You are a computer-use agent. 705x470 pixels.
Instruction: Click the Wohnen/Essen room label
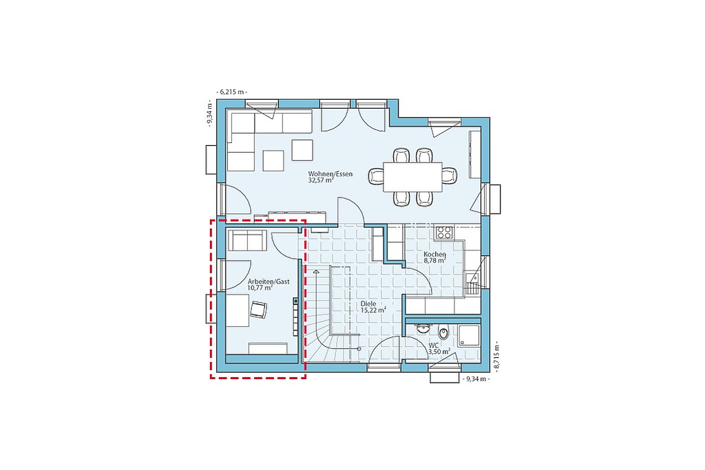(330, 174)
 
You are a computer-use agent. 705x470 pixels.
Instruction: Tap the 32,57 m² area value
(321, 180)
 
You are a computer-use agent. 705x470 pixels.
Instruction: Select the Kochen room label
(434, 255)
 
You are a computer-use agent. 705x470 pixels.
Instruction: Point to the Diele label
(368, 303)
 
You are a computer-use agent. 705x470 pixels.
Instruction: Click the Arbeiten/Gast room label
(269, 281)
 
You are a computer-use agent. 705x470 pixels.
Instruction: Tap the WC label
(434, 345)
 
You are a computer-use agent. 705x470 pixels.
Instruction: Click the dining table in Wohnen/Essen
(413, 177)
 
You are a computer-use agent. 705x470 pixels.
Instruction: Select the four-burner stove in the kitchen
(444, 233)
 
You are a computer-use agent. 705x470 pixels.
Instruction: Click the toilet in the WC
(444, 333)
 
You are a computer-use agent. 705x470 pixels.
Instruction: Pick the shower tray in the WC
(469, 335)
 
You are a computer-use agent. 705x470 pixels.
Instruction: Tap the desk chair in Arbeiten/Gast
(258, 309)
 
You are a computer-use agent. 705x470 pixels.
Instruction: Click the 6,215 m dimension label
(232, 92)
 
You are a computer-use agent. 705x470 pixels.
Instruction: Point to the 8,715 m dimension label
(497, 356)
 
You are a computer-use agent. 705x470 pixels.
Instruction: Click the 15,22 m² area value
(374, 310)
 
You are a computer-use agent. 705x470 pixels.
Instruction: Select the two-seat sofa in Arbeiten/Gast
(247, 240)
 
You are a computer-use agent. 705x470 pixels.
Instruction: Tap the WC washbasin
(422, 328)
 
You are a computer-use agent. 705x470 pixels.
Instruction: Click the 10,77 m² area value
(260, 288)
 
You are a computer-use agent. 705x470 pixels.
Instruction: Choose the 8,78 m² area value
(435, 261)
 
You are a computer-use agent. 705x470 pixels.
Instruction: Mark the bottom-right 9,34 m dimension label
(476, 378)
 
